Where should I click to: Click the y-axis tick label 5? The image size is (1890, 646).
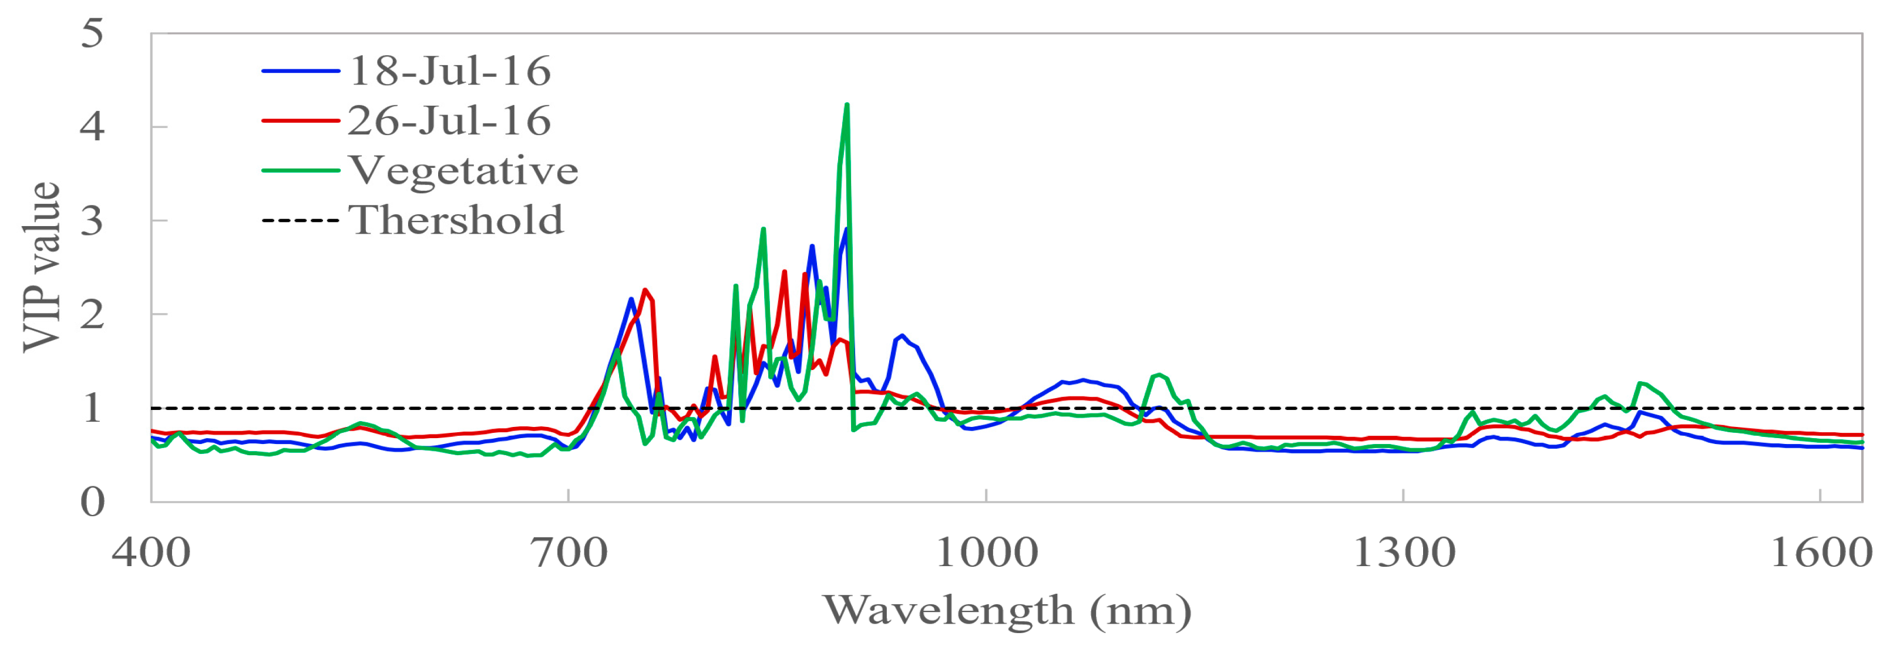tap(92, 33)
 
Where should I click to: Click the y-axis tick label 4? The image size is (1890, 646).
tap(92, 127)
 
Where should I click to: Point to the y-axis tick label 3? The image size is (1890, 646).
tap(92, 221)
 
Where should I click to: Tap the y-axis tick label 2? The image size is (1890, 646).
tap(92, 315)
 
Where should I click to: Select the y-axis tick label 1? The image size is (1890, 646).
tap(92, 408)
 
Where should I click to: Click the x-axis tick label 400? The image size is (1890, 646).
tap(151, 552)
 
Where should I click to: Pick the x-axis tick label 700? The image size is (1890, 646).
tap(569, 552)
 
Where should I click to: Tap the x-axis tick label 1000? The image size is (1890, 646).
tap(986, 552)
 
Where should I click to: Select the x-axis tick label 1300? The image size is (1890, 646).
tap(1403, 552)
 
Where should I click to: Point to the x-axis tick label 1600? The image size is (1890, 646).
tap(1820, 552)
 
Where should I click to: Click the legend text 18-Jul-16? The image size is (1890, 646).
tap(449, 71)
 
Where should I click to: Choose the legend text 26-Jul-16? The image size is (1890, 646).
tap(449, 121)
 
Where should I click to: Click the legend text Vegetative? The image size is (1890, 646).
tap(463, 171)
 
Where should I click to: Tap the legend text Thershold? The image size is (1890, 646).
tap(456, 220)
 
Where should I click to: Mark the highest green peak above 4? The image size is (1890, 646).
tap(847, 106)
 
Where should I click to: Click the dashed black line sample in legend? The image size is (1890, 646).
tap(301, 220)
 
